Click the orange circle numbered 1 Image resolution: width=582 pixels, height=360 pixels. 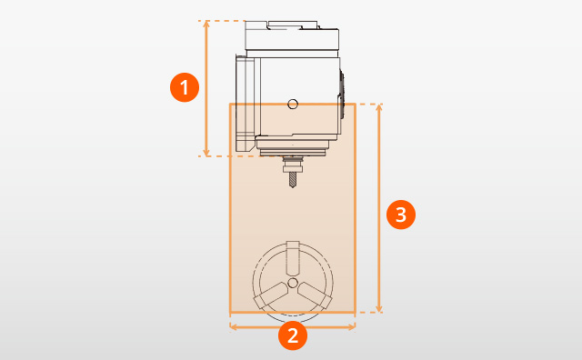tap(186, 88)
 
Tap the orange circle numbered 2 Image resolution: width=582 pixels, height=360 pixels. tap(292, 335)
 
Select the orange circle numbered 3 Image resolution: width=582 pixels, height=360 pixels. tap(401, 215)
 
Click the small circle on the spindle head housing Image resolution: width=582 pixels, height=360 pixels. tap(292, 104)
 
